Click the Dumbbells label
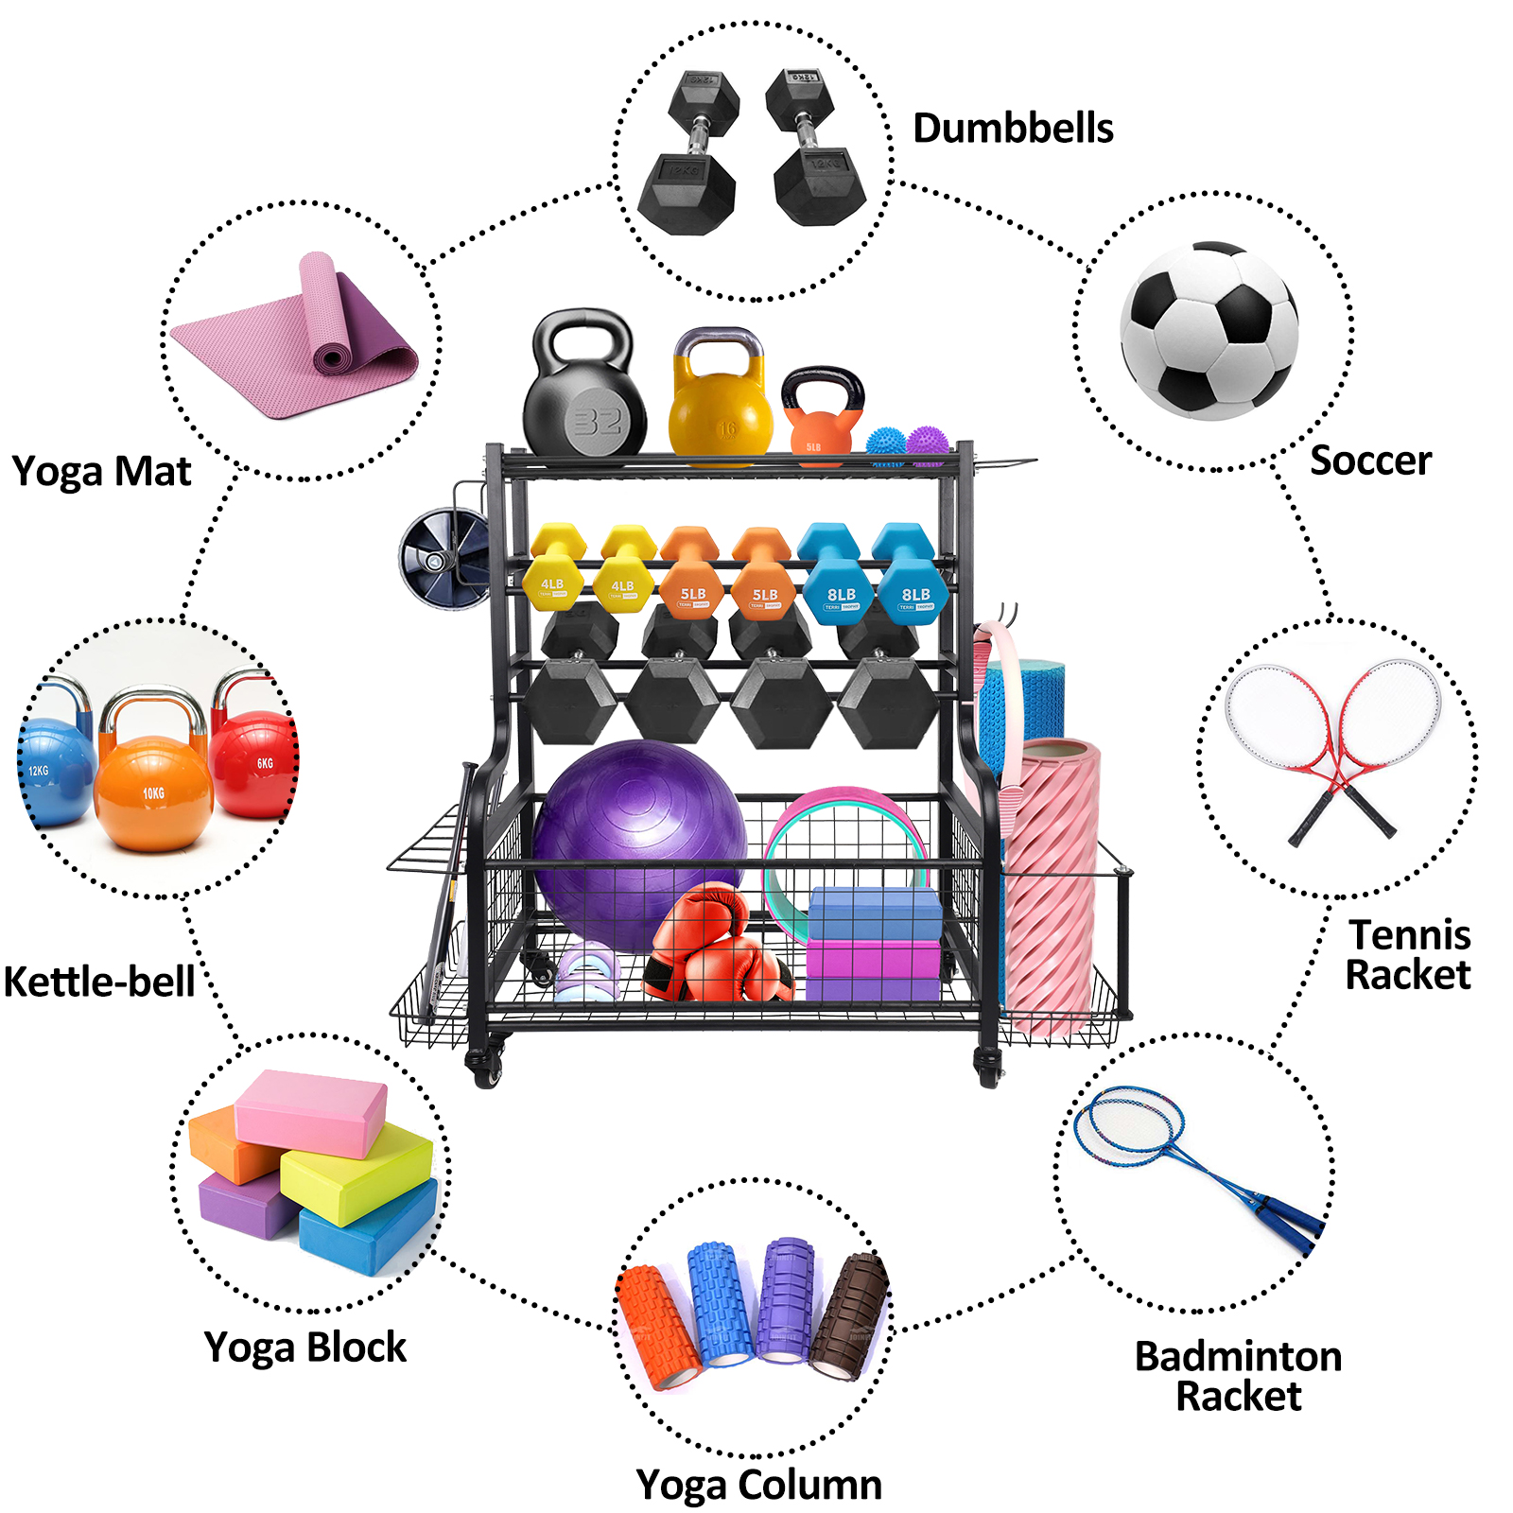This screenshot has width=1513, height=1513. tap(1013, 129)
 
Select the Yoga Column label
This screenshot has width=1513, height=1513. tap(758, 1484)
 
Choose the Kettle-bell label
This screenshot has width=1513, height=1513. tap(99, 982)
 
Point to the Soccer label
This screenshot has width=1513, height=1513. tap(1370, 461)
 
